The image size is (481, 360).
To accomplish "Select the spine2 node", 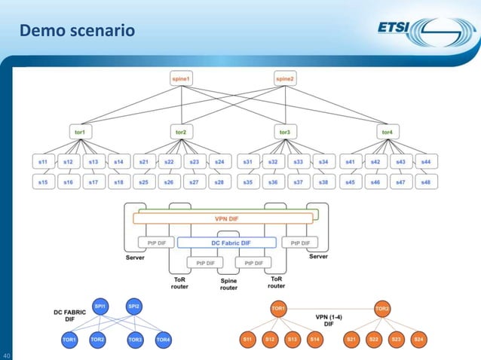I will point(285,78).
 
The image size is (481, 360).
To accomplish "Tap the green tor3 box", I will point(284,132).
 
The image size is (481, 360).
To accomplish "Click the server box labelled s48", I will point(426,182).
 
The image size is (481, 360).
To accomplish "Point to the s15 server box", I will point(44,182).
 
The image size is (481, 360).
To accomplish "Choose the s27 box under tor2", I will point(194,182).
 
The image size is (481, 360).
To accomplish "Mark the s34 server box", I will point(323,162).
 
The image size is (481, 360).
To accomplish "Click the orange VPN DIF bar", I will point(223,218).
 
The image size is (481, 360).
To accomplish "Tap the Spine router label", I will point(228,284).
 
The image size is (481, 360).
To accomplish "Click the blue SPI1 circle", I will point(100,307).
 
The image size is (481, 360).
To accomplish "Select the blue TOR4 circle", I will point(163,340).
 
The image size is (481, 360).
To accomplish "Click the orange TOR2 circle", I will point(383,309).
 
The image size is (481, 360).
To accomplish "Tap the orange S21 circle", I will point(351,340).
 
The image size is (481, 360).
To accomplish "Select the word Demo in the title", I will point(41,31).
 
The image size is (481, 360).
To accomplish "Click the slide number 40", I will point(7,355).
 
